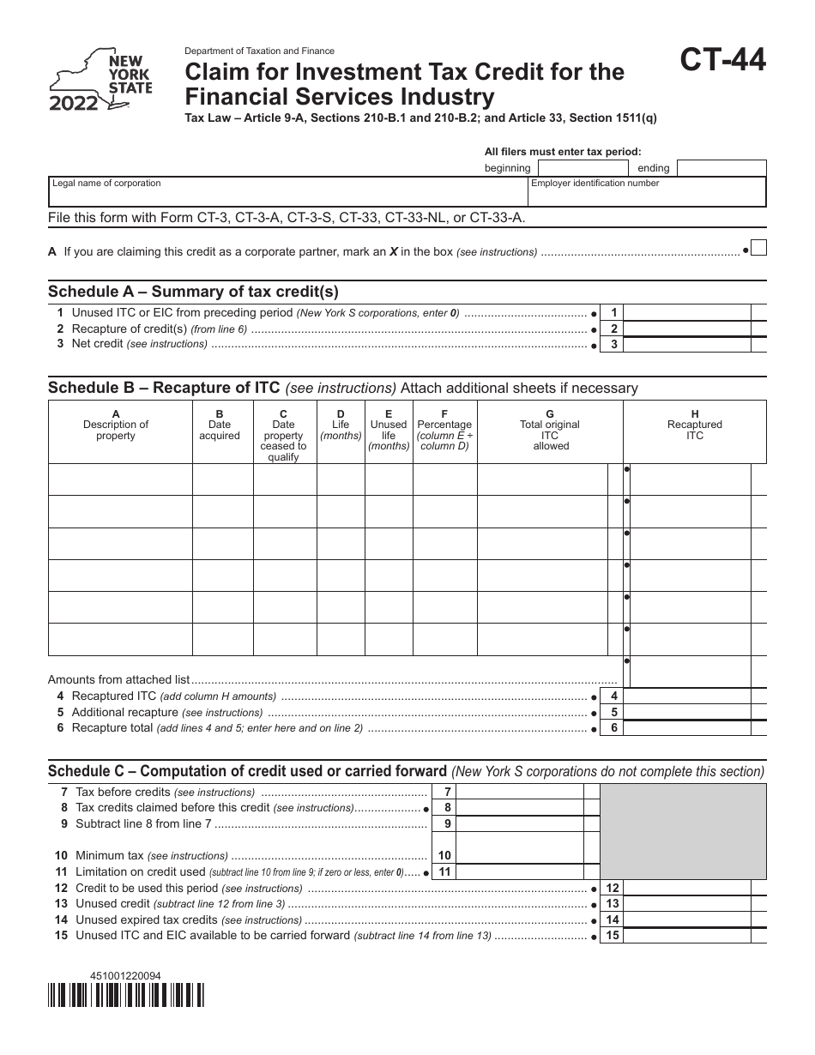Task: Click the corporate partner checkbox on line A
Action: pyautogui.click(x=758, y=248)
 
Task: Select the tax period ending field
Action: pyautogui.click(x=721, y=168)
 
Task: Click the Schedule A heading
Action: pyautogui.click(x=193, y=291)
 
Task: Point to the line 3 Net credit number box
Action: pyautogui.click(x=613, y=344)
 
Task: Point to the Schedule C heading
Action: pyautogui.click(x=247, y=770)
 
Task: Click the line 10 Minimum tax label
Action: pyautogui.click(x=110, y=856)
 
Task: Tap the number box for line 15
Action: pyautogui.click(x=613, y=936)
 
